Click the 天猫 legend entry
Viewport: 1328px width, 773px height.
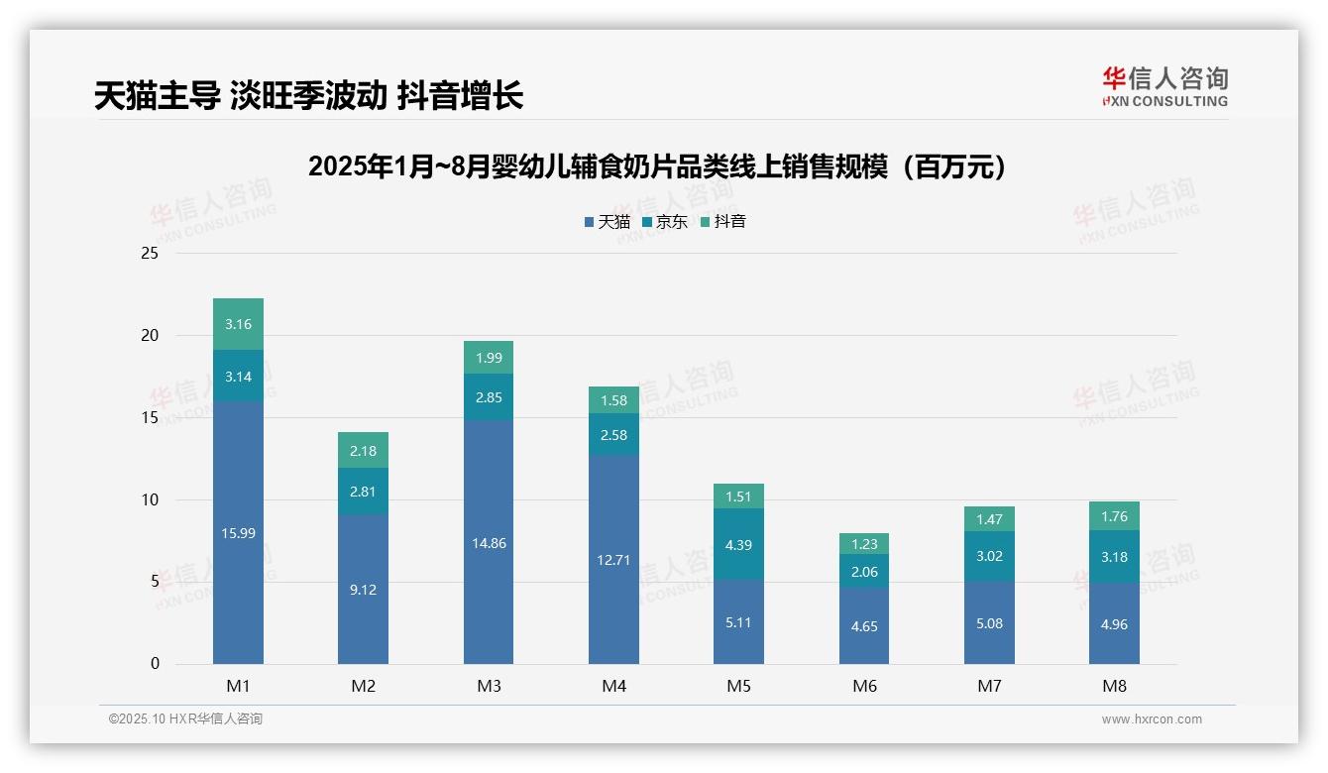(607, 222)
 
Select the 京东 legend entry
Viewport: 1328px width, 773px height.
(664, 222)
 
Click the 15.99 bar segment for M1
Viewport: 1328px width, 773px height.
(238, 533)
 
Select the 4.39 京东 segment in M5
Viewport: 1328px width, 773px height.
(738, 544)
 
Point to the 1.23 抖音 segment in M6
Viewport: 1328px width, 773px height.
(864, 544)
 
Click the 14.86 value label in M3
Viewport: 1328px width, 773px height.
(489, 543)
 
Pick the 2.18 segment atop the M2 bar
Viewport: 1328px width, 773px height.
(363, 451)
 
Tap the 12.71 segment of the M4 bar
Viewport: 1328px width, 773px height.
(613, 560)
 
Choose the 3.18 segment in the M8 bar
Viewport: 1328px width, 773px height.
(1114, 557)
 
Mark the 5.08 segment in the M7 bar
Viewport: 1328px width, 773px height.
(989, 623)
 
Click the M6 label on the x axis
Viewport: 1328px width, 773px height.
(864, 686)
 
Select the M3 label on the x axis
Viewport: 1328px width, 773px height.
(489, 686)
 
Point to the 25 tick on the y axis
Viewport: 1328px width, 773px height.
(150, 254)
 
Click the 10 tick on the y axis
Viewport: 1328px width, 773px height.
(150, 500)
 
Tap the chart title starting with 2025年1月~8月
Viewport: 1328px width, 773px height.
(663, 166)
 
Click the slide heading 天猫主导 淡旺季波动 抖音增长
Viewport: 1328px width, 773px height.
(308, 96)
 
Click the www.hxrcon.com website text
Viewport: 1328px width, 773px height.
(1152, 719)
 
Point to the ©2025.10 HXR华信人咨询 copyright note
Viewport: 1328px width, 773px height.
(185, 719)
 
